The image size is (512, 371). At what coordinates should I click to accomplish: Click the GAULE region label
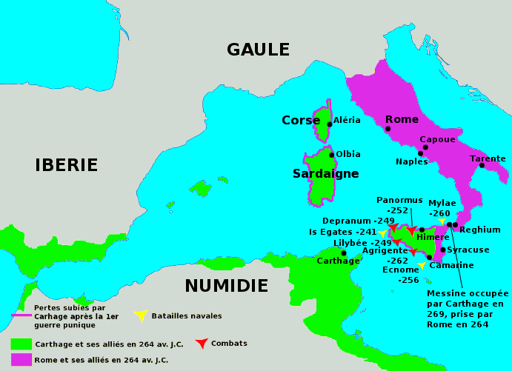[258, 50]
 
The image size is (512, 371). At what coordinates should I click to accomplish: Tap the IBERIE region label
[67, 165]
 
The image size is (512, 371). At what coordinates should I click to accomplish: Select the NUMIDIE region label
[226, 286]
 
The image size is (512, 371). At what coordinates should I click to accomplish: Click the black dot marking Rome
[388, 129]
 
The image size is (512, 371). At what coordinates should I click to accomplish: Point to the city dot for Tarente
[482, 165]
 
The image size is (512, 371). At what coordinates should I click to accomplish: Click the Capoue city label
[437, 139]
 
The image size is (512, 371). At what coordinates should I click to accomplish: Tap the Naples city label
[411, 161]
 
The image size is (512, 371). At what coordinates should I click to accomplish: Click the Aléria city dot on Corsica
[330, 124]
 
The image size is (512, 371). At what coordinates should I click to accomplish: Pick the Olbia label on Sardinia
[348, 154]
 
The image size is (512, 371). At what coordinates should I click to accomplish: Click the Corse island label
[300, 120]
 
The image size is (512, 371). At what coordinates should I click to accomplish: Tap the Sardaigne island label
[325, 174]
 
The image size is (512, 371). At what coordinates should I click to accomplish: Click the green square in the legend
[21, 344]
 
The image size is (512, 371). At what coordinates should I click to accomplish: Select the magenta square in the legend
[21, 359]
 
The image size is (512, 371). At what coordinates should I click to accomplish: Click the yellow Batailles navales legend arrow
[140, 315]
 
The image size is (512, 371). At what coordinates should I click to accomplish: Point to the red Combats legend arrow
[201, 343]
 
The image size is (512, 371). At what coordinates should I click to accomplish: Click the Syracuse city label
[468, 250]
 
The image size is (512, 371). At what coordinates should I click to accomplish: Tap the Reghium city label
[480, 230]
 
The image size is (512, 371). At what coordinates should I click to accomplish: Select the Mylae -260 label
[442, 208]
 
